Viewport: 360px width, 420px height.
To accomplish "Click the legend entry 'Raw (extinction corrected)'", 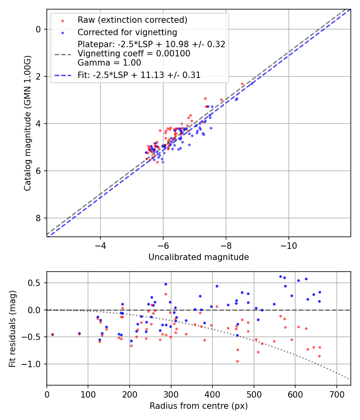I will (x=132, y=20).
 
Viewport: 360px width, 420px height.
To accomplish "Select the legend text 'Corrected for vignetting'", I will (x=127, y=32).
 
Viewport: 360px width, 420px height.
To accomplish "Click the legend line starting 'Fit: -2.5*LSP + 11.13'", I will (x=139, y=75).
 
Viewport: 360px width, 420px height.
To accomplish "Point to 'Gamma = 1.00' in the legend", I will (x=109, y=62).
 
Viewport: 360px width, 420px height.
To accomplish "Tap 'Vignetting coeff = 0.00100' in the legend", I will (x=134, y=54).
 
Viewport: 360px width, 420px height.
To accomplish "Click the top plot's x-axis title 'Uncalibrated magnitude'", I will (x=198, y=257).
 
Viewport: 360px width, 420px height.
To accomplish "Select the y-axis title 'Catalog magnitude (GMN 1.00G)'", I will (x=27, y=123).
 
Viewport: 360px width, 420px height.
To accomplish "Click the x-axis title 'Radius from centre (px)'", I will (x=198, y=406).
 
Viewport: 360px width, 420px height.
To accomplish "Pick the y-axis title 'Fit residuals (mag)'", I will (x=13, y=328).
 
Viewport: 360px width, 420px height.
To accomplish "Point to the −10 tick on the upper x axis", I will (x=288, y=245).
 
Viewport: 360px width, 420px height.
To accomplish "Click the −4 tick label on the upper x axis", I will (x=100, y=245).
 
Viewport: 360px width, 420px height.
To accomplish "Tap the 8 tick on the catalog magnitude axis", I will (x=38, y=218).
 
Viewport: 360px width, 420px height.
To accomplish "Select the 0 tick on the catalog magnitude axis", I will (x=38, y=29).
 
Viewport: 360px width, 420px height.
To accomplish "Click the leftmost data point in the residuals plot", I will (x=52, y=334).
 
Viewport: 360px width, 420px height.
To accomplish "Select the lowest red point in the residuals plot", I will (x=237, y=361).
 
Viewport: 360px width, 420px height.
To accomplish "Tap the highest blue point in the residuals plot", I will (x=280, y=276).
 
